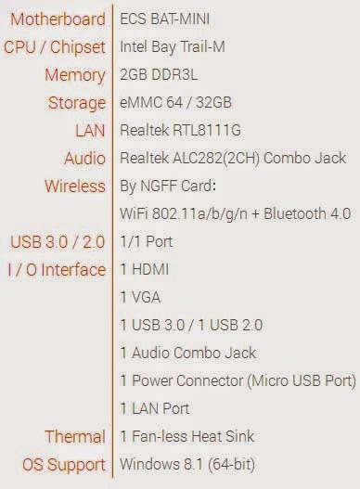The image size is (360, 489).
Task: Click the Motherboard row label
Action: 58,19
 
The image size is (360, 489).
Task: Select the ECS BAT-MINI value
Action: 165,19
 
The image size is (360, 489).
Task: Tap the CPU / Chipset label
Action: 55,47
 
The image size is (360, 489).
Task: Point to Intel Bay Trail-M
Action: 173,47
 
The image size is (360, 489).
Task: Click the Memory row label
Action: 75,76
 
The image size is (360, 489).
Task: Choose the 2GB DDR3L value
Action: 159,75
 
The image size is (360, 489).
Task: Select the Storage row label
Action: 77,104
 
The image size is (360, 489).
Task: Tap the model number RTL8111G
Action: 207,130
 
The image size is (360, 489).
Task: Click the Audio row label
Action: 84,159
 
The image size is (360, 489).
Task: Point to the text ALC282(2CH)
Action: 216,159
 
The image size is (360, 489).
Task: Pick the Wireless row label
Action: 75,187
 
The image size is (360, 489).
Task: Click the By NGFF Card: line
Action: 168,187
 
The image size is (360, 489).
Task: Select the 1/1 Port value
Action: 147,241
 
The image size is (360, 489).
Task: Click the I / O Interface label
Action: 57,270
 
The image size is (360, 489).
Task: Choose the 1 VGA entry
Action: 141,297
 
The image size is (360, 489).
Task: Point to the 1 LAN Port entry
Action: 155,408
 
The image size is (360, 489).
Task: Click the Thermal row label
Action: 75,437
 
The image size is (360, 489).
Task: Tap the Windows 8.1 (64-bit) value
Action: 187,464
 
